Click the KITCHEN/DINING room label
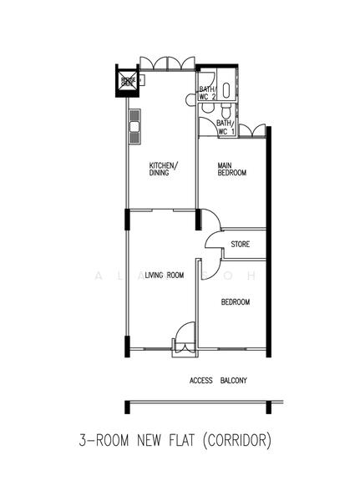pyautogui.click(x=163, y=169)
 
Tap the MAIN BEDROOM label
pyautogui.click(x=232, y=169)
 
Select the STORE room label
pyautogui.click(x=241, y=245)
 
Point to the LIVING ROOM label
pyautogui.click(x=164, y=275)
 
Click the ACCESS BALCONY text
pyautogui.click(x=218, y=380)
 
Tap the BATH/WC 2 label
pyautogui.click(x=207, y=94)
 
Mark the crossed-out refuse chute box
pyautogui.click(x=128, y=81)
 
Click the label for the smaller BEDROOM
pyautogui.click(x=235, y=302)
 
